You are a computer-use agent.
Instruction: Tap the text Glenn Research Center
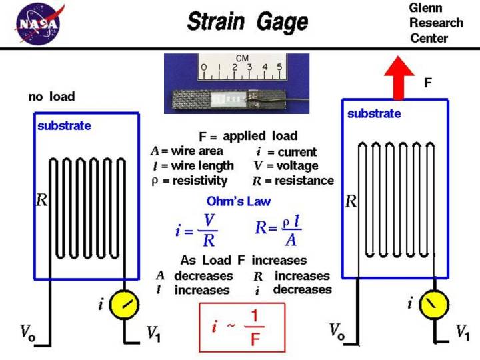436,23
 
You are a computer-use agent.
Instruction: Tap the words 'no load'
51,97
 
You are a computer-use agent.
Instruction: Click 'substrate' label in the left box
64,125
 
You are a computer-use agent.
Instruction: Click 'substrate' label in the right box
374,113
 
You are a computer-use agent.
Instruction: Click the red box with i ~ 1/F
242,327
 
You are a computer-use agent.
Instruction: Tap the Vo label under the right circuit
337,331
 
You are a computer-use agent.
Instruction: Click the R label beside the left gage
41,199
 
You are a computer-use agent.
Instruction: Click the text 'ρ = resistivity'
189,180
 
